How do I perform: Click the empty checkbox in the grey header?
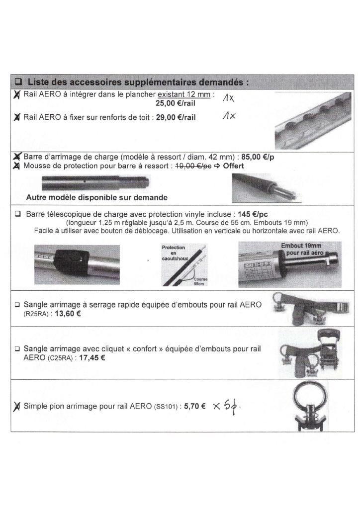(x=19, y=82)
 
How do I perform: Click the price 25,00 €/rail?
(x=176, y=103)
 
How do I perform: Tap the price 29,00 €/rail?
(x=176, y=117)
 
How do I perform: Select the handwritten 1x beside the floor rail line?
(x=229, y=97)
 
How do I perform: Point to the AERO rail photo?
(x=313, y=120)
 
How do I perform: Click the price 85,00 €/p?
(x=258, y=157)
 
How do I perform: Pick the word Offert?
(x=233, y=166)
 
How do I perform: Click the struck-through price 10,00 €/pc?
(x=193, y=166)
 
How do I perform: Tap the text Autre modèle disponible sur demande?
(x=97, y=197)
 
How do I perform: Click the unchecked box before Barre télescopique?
(x=18, y=214)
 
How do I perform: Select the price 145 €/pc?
(x=253, y=214)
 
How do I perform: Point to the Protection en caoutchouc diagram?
(x=184, y=265)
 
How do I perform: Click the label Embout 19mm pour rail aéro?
(x=302, y=250)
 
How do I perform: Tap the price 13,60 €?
(x=68, y=314)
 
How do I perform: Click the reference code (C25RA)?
(x=60, y=358)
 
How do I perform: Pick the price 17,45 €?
(x=92, y=358)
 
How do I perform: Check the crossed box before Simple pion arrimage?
(x=16, y=407)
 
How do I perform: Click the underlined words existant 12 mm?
(x=184, y=94)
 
